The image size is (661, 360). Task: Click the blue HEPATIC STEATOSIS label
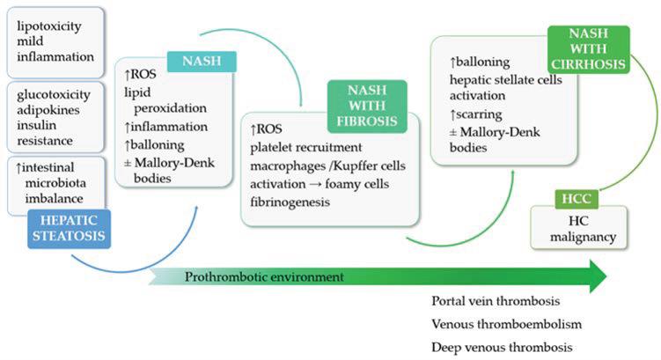coord(70,225)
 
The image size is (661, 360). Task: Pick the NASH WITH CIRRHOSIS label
coord(586,48)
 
